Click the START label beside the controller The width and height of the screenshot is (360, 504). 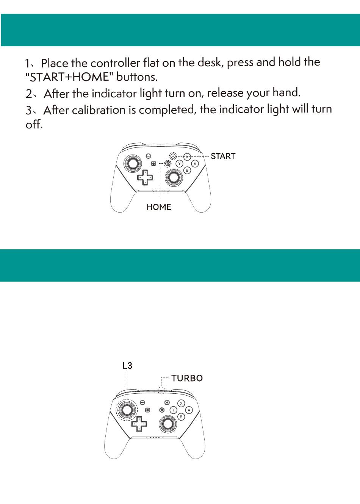coord(223,156)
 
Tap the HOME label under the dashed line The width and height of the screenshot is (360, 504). coord(159,207)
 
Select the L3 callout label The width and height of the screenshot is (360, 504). coord(127,366)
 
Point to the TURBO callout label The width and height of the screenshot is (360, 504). coord(187,378)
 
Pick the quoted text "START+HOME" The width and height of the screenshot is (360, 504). coord(69,77)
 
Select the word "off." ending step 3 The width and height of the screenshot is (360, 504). coord(34,124)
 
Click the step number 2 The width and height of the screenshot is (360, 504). coord(29,94)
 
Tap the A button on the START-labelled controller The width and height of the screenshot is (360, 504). coord(195,164)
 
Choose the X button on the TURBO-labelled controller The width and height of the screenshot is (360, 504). coord(181,403)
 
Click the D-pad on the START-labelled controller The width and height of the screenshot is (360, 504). coord(145,177)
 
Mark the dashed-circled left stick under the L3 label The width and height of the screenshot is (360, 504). coord(127,410)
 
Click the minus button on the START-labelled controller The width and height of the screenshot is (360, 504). coord(149,156)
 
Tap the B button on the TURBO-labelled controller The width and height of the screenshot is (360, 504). coord(181,417)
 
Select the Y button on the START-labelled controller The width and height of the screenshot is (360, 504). coord(179,164)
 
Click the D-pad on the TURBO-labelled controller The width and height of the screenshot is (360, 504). coord(139,424)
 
